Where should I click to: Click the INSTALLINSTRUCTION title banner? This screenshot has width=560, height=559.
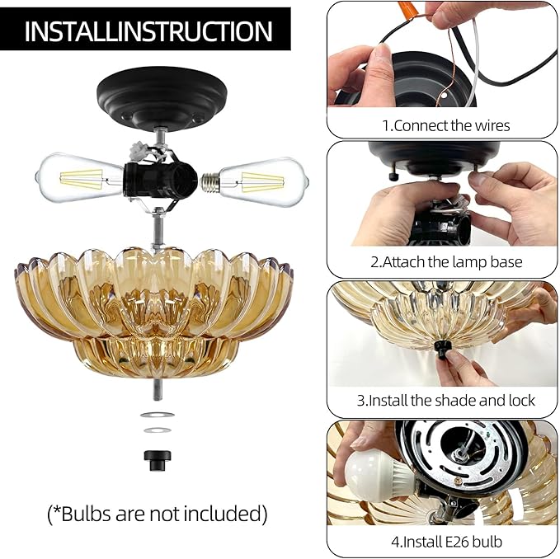[148, 31]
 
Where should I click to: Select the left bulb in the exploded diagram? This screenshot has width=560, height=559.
[78, 176]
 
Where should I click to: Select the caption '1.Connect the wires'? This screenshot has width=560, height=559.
[445, 125]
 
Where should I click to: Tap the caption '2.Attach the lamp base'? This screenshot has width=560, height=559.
[445, 262]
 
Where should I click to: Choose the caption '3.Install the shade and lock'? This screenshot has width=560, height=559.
[445, 401]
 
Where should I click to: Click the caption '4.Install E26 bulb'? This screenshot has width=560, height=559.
[445, 542]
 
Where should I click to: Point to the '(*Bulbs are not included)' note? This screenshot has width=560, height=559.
[157, 514]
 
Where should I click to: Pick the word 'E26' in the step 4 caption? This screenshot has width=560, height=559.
[465, 542]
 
